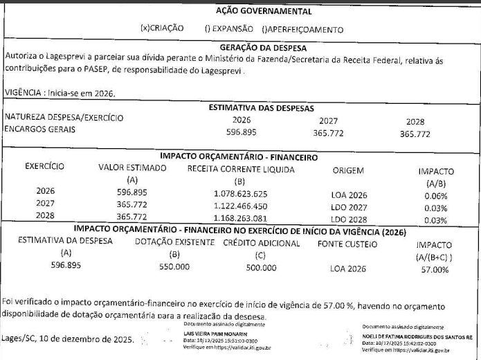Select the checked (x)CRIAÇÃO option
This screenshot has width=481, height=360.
(x=162, y=29)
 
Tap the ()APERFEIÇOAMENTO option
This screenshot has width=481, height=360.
(x=302, y=30)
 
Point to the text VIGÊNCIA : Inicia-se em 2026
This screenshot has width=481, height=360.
(x=60, y=93)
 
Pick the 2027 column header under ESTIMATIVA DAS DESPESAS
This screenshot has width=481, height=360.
(x=329, y=120)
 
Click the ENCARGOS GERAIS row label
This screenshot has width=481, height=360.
(x=40, y=129)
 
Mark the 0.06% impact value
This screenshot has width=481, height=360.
(x=436, y=195)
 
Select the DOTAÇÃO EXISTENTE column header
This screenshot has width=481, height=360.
(x=174, y=243)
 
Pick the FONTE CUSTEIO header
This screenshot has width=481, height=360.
(x=347, y=244)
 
